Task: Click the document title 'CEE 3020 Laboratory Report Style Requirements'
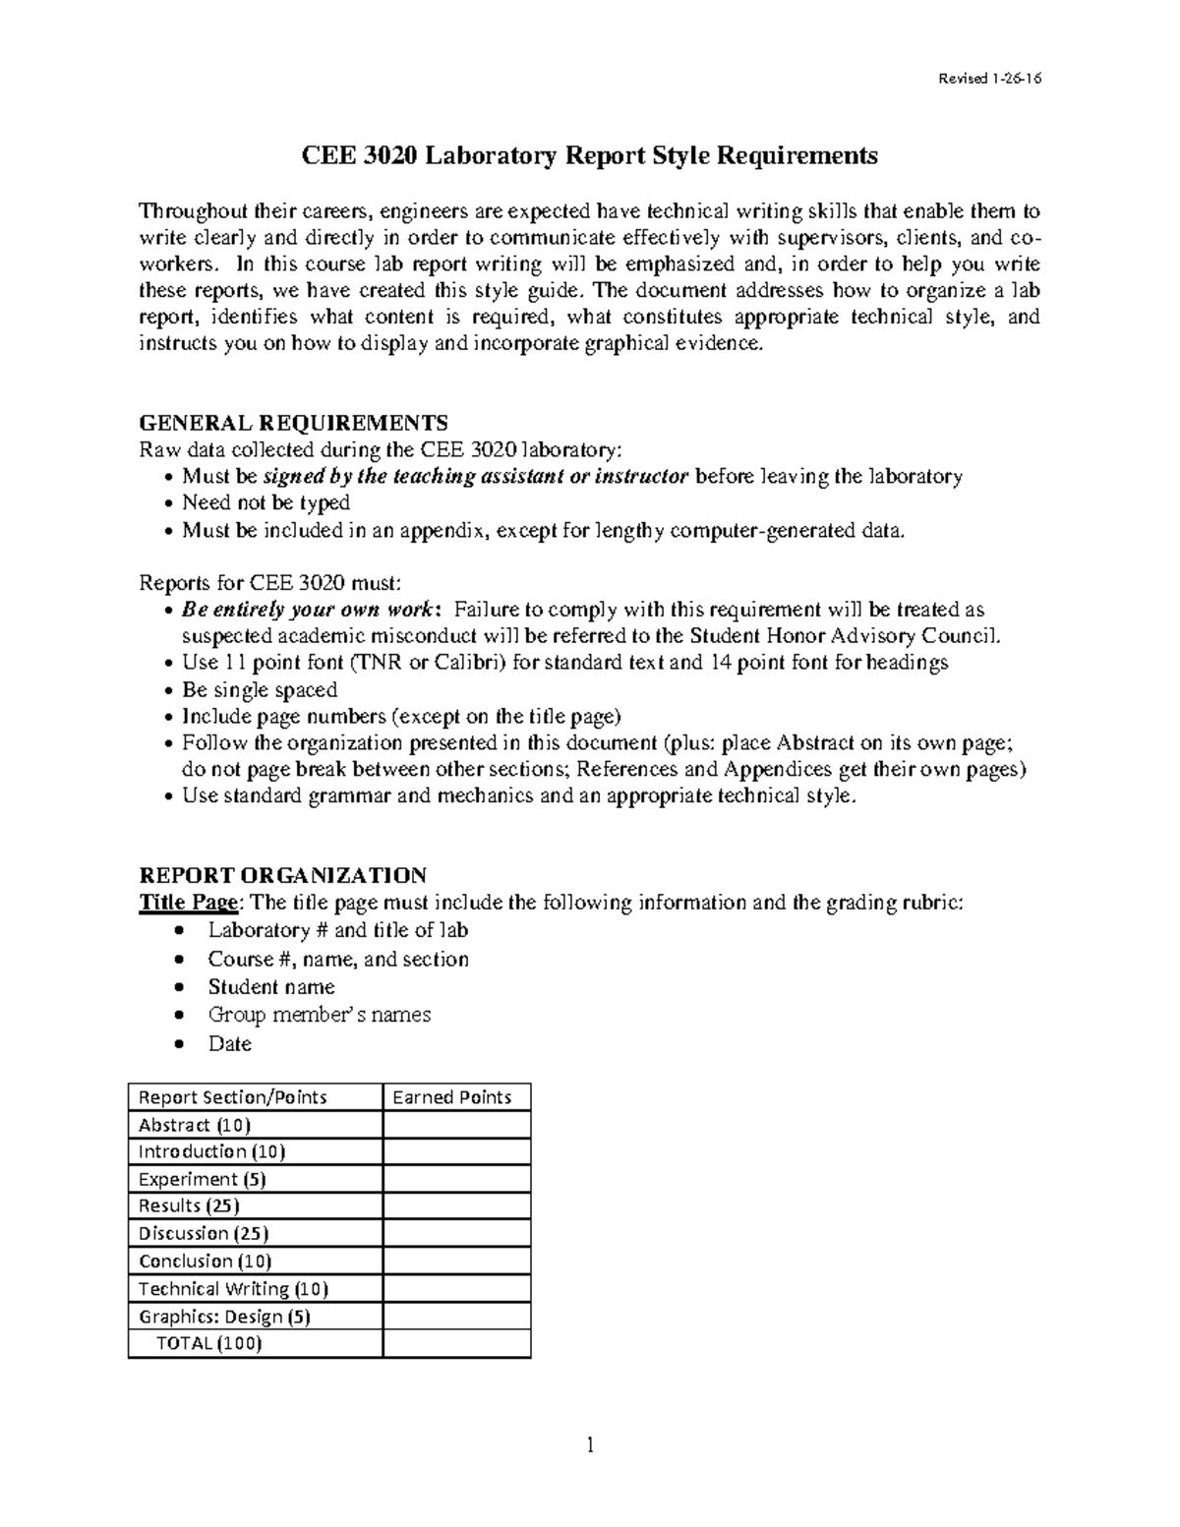click(589, 155)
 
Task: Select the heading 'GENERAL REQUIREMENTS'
click(294, 423)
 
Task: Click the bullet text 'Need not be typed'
click(265, 503)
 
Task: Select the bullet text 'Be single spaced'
click(260, 689)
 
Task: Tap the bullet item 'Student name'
click(271, 986)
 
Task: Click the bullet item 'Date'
click(230, 1043)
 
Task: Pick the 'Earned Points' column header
click(452, 1097)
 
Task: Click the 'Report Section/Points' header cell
click(233, 1097)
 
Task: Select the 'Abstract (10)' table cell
click(195, 1125)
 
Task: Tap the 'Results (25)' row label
click(189, 1205)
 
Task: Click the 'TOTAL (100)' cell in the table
click(209, 1343)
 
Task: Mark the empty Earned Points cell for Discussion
click(456, 1233)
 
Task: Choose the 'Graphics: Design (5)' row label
click(225, 1316)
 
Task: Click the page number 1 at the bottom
click(590, 1444)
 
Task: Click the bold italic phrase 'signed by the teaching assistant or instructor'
click(476, 477)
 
